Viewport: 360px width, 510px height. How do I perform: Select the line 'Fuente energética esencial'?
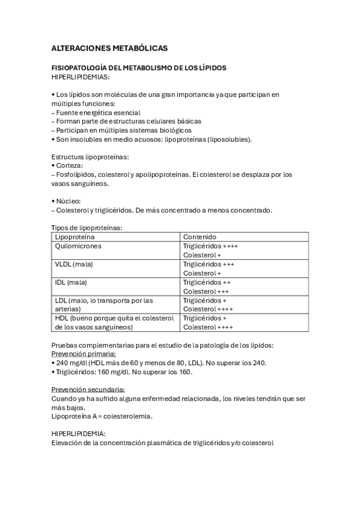(x=98, y=112)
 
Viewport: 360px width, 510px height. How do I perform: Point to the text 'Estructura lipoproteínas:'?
(x=90, y=157)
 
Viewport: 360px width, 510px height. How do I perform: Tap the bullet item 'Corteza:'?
(x=70, y=165)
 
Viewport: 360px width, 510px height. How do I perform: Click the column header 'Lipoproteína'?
(x=75, y=237)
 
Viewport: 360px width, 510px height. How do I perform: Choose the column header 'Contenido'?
(x=200, y=237)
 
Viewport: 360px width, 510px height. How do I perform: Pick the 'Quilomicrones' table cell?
(x=78, y=246)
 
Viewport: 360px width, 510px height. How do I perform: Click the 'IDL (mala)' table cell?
(x=71, y=282)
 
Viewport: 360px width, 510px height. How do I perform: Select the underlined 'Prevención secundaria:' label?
(x=91, y=389)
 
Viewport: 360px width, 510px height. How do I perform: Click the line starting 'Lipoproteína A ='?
(x=102, y=416)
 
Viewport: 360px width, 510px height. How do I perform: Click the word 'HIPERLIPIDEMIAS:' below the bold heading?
(x=81, y=77)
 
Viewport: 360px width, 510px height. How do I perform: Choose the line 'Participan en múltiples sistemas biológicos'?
(x=123, y=130)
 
